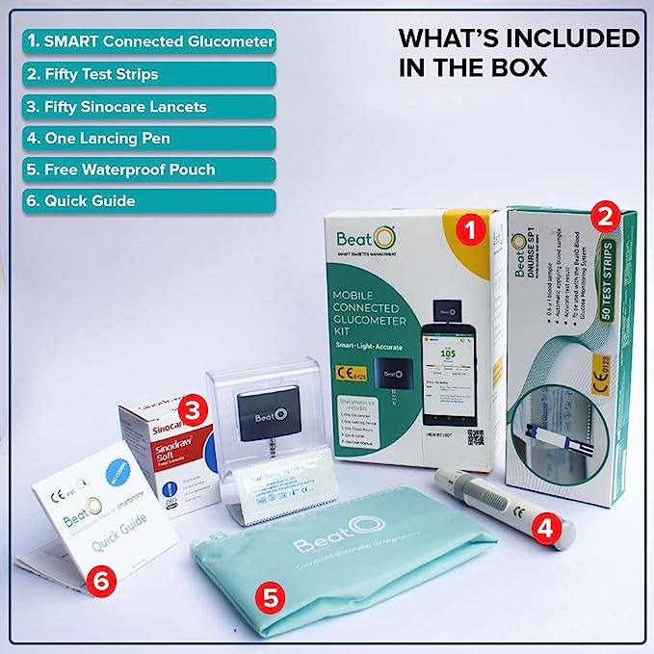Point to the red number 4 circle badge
pyautogui.click(x=548, y=527)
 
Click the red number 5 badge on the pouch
pyautogui.click(x=273, y=596)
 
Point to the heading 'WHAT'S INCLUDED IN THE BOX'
pyautogui.click(x=518, y=53)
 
